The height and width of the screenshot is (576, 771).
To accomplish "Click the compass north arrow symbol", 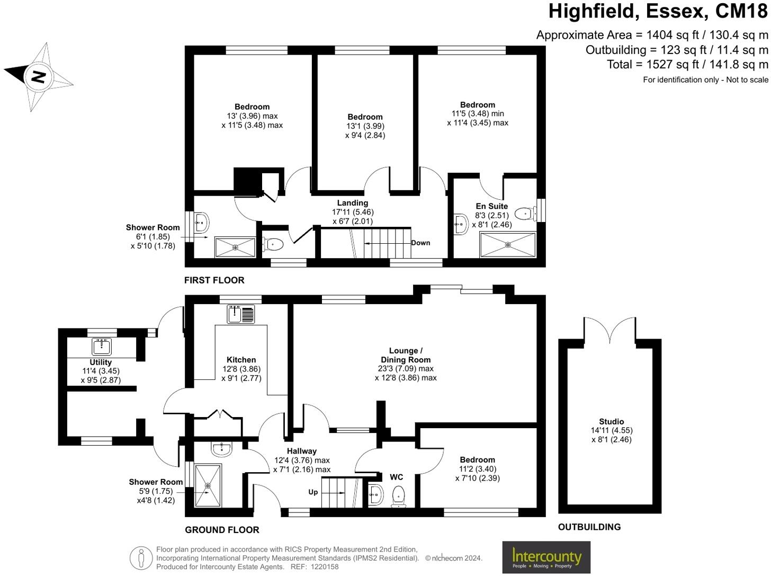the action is click(x=38, y=77).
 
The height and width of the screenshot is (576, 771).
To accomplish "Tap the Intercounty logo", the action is click(x=546, y=557).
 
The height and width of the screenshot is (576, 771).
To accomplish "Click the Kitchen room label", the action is click(x=241, y=360).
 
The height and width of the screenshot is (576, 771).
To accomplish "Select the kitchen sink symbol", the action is click(x=241, y=314).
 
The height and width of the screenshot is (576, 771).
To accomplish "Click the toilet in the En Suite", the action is click(x=524, y=213).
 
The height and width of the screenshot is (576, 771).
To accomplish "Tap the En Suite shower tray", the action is click(x=507, y=245).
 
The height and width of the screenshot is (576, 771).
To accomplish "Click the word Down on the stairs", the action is click(x=420, y=243).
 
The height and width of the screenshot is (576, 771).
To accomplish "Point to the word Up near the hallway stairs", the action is click(x=313, y=492).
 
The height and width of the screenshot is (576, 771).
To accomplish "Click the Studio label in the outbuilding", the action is click(x=612, y=422).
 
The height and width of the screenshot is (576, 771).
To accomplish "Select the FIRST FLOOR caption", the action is click(x=214, y=280).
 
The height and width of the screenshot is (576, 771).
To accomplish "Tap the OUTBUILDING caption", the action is click(x=589, y=527).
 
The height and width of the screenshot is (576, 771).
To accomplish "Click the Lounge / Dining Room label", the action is click(x=406, y=355).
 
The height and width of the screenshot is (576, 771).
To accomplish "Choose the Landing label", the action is click(x=353, y=203).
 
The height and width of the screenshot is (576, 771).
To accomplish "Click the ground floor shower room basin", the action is click(x=221, y=449).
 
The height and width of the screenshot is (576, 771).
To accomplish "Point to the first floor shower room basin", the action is click(x=201, y=223).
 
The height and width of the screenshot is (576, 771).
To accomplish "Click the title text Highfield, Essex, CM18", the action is click(x=658, y=11).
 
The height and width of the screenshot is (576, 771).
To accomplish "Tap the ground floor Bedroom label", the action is click(x=477, y=460).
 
